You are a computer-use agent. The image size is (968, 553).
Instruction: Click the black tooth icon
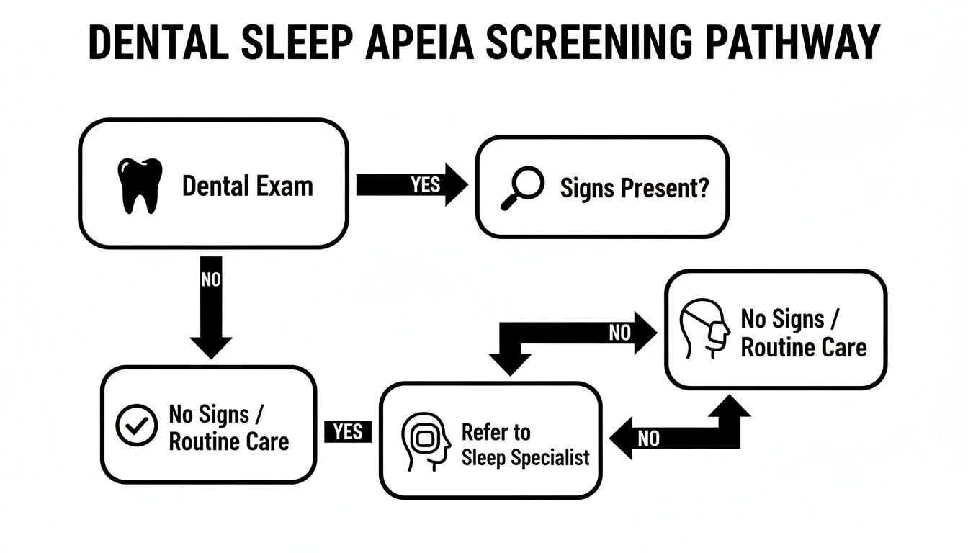point(138,186)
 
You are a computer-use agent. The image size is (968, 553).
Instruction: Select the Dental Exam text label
point(247,186)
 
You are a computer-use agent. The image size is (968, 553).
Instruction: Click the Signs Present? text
point(634,188)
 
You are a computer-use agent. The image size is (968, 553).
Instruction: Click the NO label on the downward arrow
point(211,279)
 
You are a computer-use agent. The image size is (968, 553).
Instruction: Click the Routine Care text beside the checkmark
point(228,441)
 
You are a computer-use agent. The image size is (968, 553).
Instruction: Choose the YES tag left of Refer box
point(348,431)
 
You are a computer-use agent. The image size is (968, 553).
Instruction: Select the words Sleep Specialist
point(525,457)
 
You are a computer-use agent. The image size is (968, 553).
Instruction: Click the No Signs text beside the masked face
point(789,318)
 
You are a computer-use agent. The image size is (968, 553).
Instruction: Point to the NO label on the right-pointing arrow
point(619,333)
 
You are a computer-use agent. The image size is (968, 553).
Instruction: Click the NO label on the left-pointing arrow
point(648,439)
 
